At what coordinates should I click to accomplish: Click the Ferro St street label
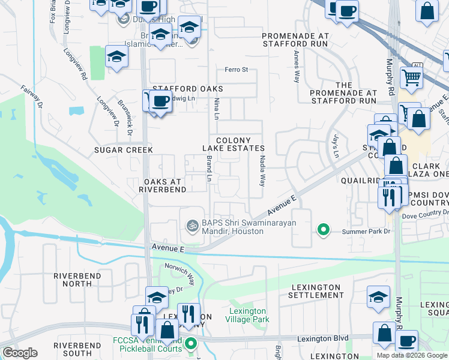(236, 70)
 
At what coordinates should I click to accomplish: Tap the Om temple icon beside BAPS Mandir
(192, 226)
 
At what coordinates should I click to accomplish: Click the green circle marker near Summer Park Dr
(324, 229)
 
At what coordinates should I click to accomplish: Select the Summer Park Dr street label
(366, 231)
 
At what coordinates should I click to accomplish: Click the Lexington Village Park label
(247, 315)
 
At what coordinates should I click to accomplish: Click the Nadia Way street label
(262, 171)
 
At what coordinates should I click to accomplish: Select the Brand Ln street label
(209, 169)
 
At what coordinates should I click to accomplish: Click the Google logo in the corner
(20, 353)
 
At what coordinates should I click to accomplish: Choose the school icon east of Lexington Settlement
(378, 297)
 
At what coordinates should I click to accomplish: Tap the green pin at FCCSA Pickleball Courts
(191, 344)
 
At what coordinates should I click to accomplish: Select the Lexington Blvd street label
(323, 339)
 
